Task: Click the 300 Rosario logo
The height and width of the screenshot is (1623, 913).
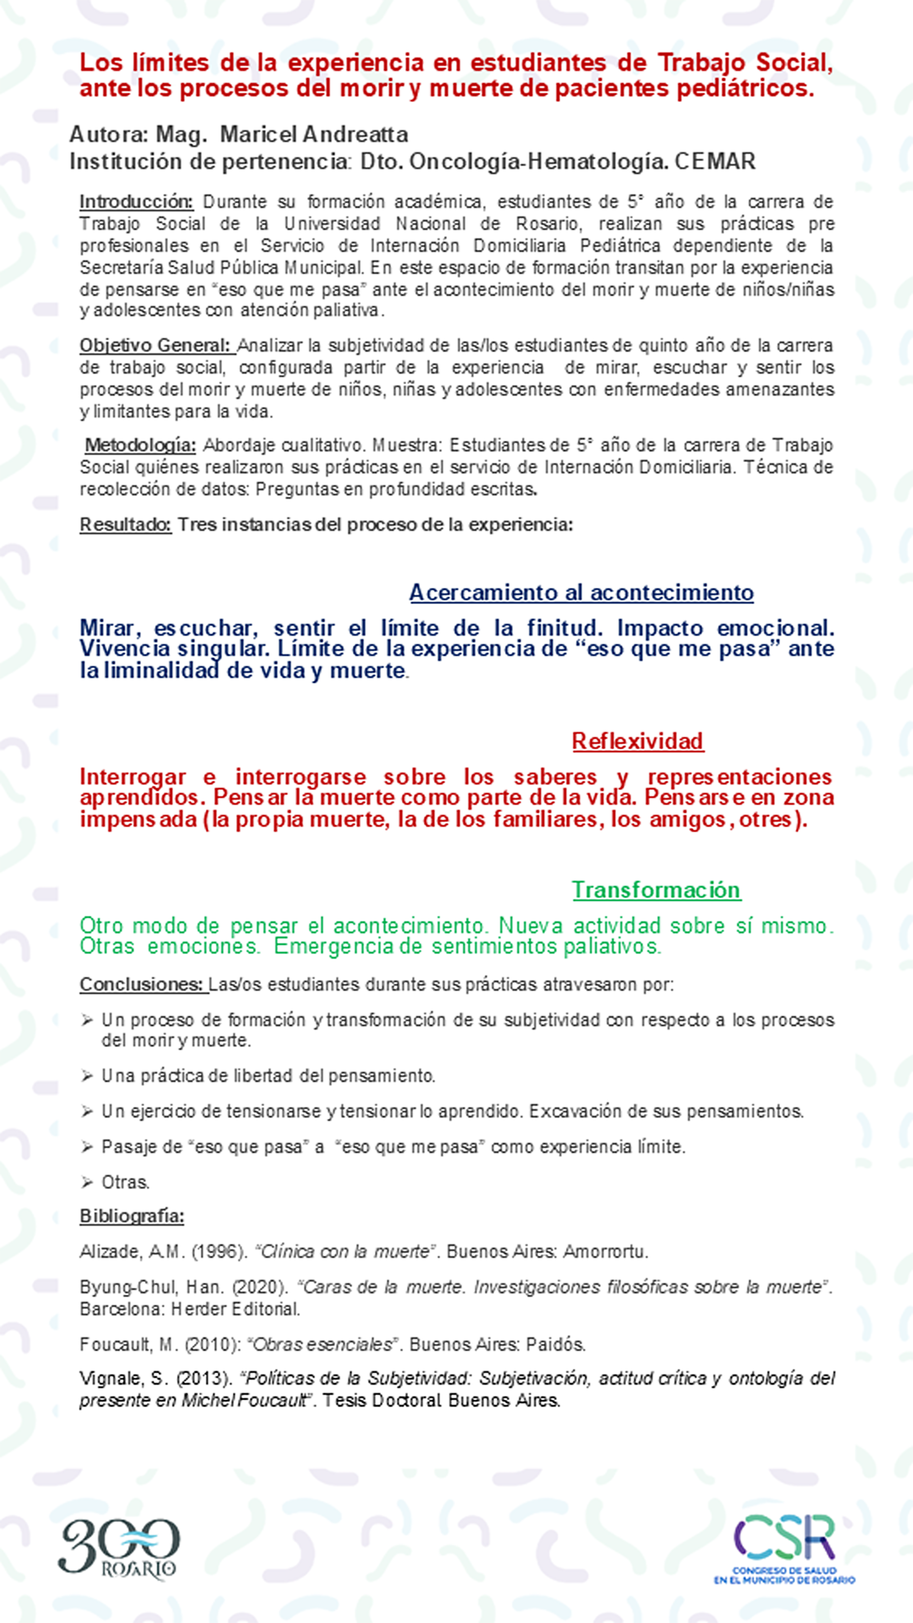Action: (x=119, y=1548)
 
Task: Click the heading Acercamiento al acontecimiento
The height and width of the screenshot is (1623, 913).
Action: (x=581, y=592)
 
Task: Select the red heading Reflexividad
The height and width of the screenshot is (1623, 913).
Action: (x=637, y=741)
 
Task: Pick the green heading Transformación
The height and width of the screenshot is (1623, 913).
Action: (x=656, y=889)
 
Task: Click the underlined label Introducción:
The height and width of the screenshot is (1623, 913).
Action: (x=136, y=202)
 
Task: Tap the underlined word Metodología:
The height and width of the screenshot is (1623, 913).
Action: (x=141, y=445)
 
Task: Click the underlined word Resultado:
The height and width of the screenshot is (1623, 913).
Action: (x=125, y=524)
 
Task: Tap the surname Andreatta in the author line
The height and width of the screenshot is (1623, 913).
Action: (x=356, y=134)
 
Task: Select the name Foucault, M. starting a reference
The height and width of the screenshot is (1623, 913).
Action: (x=126, y=1345)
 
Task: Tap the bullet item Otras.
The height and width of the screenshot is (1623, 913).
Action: (x=125, y=1182)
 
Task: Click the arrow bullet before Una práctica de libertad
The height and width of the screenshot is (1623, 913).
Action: (x=87, y=1076)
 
